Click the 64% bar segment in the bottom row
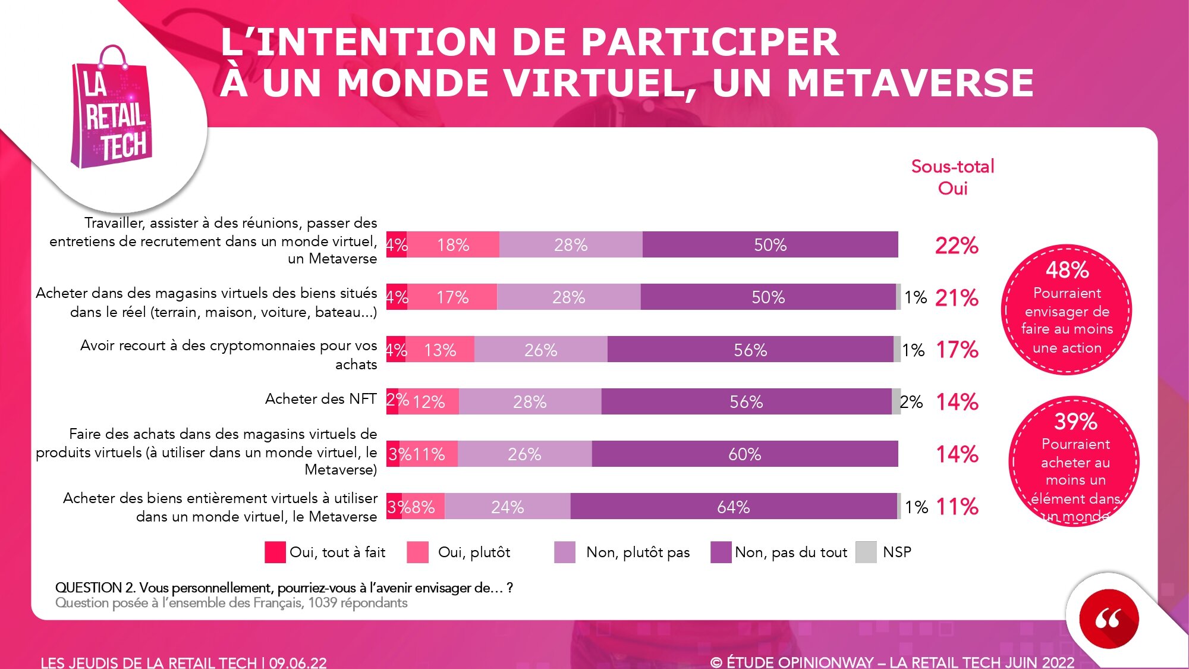[x=733, y=507]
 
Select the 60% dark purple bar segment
[x=744, y=454]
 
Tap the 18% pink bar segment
[x=453, y=245]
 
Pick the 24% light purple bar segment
[x=507, y=507]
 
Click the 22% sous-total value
[x=957, y=245]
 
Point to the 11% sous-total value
[x=957, y=507]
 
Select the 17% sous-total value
[x=957, y=350]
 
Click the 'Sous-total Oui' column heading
[x=952, y=177]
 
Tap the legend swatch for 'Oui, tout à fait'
[x=275, y=552]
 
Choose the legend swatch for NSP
[x=866, y=552]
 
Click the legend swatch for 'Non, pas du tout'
[x=721, y=552]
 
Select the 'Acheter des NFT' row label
[x=320, y=398]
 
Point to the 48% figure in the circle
[x=1067, y=271]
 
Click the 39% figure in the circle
[x=1075, y=422]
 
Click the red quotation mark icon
[x=1108, y=618]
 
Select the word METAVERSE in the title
[x=910, y=83]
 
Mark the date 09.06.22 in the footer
[x=298, y=662]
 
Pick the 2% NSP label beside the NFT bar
[x=911, y=402]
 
